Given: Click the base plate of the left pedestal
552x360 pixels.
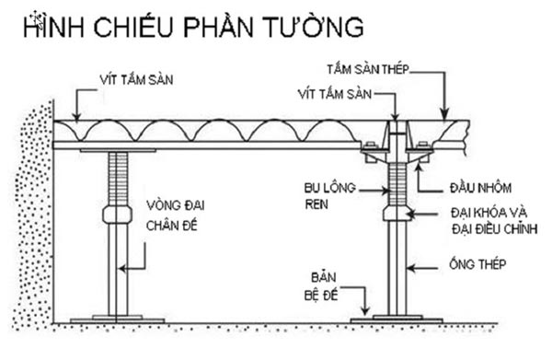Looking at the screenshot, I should [x=117, y=319].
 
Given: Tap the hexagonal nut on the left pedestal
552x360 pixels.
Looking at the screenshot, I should [x=117, y=215].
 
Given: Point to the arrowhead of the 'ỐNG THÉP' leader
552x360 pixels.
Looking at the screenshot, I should [x=410, y=267].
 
